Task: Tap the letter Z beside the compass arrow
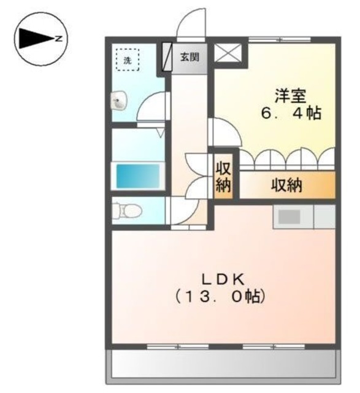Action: click(x=58, y=39)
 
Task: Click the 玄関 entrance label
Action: click(x=190, y=58)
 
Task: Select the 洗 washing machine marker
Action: click(x=128, y=60)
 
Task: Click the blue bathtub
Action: click(x=138, y=177)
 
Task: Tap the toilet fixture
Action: click(x=128, y=211)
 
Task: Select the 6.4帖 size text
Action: click(x=290, y=114)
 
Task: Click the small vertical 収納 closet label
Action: click(x=222, y=177)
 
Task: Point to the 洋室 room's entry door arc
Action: click(x=224, y=133)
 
